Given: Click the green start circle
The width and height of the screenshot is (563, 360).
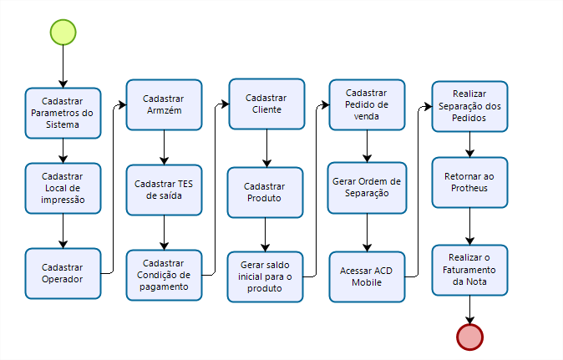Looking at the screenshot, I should point(63,32).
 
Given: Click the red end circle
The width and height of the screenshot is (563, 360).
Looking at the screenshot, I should point(469,336).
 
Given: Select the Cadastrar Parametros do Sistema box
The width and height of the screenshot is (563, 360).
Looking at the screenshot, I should point(63,113).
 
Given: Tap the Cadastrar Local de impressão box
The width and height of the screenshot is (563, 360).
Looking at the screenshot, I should point(63,187).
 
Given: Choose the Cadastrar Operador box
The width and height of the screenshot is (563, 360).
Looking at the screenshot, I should point(63,272).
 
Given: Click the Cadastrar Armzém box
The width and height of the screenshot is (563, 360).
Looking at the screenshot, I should point(164,104).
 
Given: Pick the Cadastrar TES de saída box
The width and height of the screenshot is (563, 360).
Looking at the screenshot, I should point(164,190).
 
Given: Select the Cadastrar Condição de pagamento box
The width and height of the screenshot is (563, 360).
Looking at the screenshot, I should point(164,275).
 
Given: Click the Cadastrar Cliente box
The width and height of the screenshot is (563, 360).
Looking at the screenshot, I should point(266,104).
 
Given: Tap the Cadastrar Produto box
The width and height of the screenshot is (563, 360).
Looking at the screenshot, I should point(266,192).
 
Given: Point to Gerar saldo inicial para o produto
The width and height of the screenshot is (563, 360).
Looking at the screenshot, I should point(266,276).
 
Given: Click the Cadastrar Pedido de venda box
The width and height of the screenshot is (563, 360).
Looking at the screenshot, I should point(367,104).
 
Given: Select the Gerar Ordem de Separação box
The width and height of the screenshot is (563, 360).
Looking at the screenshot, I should point(367,187).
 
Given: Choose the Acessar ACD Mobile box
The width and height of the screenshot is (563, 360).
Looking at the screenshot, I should point(367,276).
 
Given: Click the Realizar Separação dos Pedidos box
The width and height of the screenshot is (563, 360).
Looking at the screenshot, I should point(469,106).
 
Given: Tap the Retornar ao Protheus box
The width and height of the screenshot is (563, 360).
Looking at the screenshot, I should point(469,182).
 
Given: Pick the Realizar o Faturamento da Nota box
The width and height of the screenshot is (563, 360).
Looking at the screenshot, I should point(469,270).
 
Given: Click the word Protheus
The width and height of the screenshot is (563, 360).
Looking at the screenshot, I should point(469,188).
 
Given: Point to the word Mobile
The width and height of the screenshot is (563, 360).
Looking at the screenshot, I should point(367,282).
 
